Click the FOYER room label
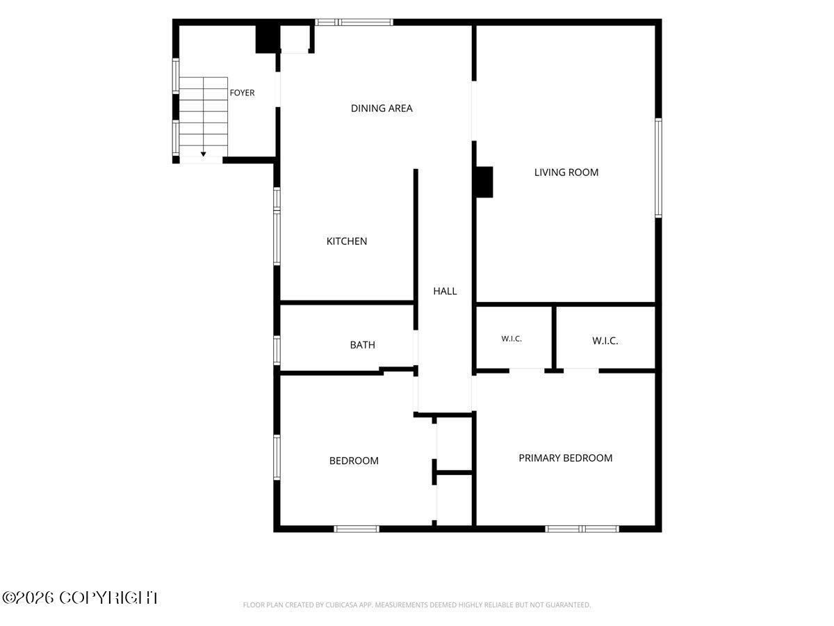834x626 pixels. (242, 93)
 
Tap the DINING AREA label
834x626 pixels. (382, 109)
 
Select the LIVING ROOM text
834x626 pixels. (566, 172)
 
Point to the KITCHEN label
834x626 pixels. (347, 241)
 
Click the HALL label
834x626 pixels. (445, 291)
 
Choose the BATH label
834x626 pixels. (363, 345)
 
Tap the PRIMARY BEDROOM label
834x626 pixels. (565, 458)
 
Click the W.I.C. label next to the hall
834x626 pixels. (512, 339)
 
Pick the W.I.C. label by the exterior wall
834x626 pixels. (605, 341)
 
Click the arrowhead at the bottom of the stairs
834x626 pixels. (203, 154)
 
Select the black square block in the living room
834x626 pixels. (484, 182)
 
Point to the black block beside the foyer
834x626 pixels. (268, 39)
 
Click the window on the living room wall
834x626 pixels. (658, 168)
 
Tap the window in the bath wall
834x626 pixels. (277, 351)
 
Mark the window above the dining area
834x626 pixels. (354, 22)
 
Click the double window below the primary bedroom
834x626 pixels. (582, 529)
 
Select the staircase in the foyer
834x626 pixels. (203, 117)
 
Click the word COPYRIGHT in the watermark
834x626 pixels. (108, 598)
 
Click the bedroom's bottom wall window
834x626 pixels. (357, 529)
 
